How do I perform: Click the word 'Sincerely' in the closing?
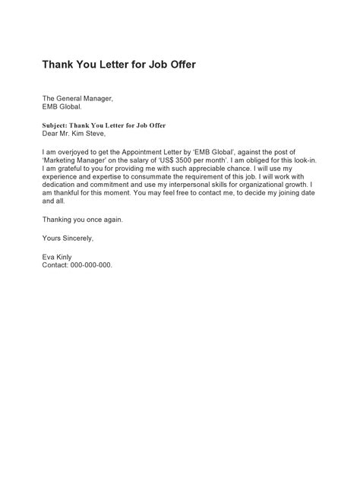(x=77, y=239)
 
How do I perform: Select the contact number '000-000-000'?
(x=92, y=266)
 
